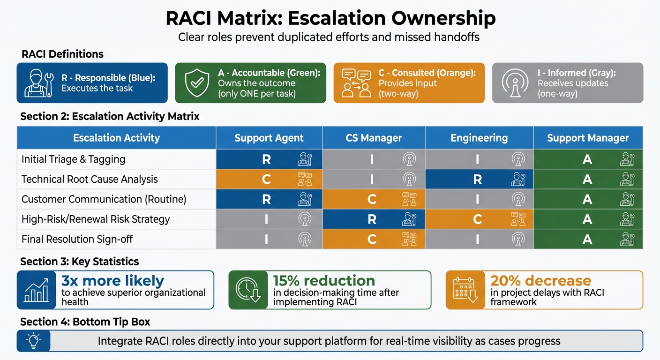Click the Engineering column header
click(479, 138)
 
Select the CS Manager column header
click(374, 138)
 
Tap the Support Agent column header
click(269, 138)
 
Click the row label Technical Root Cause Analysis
click(90, 179)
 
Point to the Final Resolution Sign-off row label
click(77, 239)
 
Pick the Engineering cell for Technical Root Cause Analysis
click(479, 179)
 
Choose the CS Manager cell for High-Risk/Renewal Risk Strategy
click(374, 219)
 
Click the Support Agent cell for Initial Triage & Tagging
click(269, 159)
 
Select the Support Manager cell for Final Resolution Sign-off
click(588, 239)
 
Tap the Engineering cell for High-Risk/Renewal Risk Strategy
click(479, 219)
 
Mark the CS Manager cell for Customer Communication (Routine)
click(374, 199)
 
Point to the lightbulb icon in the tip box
click(33, 340)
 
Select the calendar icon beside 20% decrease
click(465, 290)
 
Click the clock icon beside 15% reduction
click(248, 290)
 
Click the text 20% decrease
click(540, 281)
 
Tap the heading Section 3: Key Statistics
click(80, 262)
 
